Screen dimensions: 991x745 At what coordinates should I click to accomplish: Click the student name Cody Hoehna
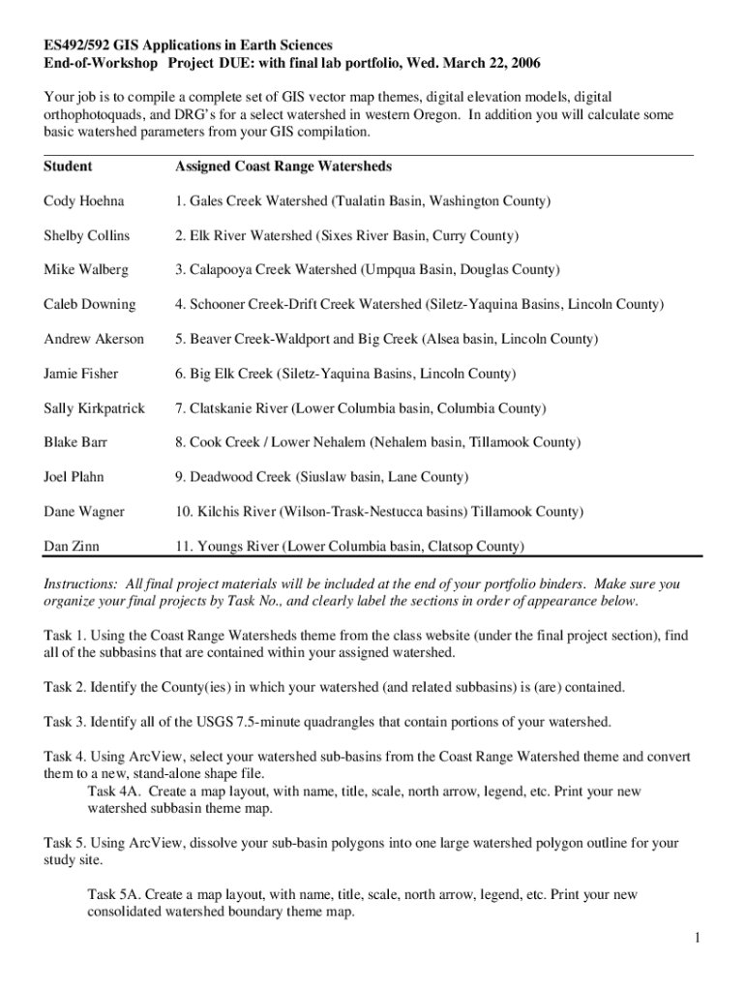coord(83,201)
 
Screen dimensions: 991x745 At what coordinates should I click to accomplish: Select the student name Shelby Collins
coord(86,236)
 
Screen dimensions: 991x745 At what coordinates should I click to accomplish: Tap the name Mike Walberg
coord(85,270)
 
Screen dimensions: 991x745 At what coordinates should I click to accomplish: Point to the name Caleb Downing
coord(89,305)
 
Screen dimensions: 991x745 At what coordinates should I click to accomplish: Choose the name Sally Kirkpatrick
coord(94,408)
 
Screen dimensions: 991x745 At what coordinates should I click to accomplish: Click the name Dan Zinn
coord(72,547)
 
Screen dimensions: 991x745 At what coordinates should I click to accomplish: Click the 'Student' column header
coord(68,166)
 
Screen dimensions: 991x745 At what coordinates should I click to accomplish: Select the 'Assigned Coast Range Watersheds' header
coord(283,166)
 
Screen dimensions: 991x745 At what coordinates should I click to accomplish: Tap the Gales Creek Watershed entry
coord(363,201)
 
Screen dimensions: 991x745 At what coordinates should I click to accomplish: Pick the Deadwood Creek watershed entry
coord(321,477)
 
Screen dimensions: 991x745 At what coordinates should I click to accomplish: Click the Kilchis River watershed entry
coord(376,512)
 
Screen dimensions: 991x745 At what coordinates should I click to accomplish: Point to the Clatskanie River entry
coord(360,408)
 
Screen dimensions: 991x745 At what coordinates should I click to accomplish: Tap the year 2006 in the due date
coord(521,63)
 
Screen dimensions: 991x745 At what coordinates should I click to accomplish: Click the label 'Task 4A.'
coord(116,792)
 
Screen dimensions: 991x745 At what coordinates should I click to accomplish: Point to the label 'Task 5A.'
coord(116,895)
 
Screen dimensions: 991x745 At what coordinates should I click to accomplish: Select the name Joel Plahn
coord(74,477)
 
